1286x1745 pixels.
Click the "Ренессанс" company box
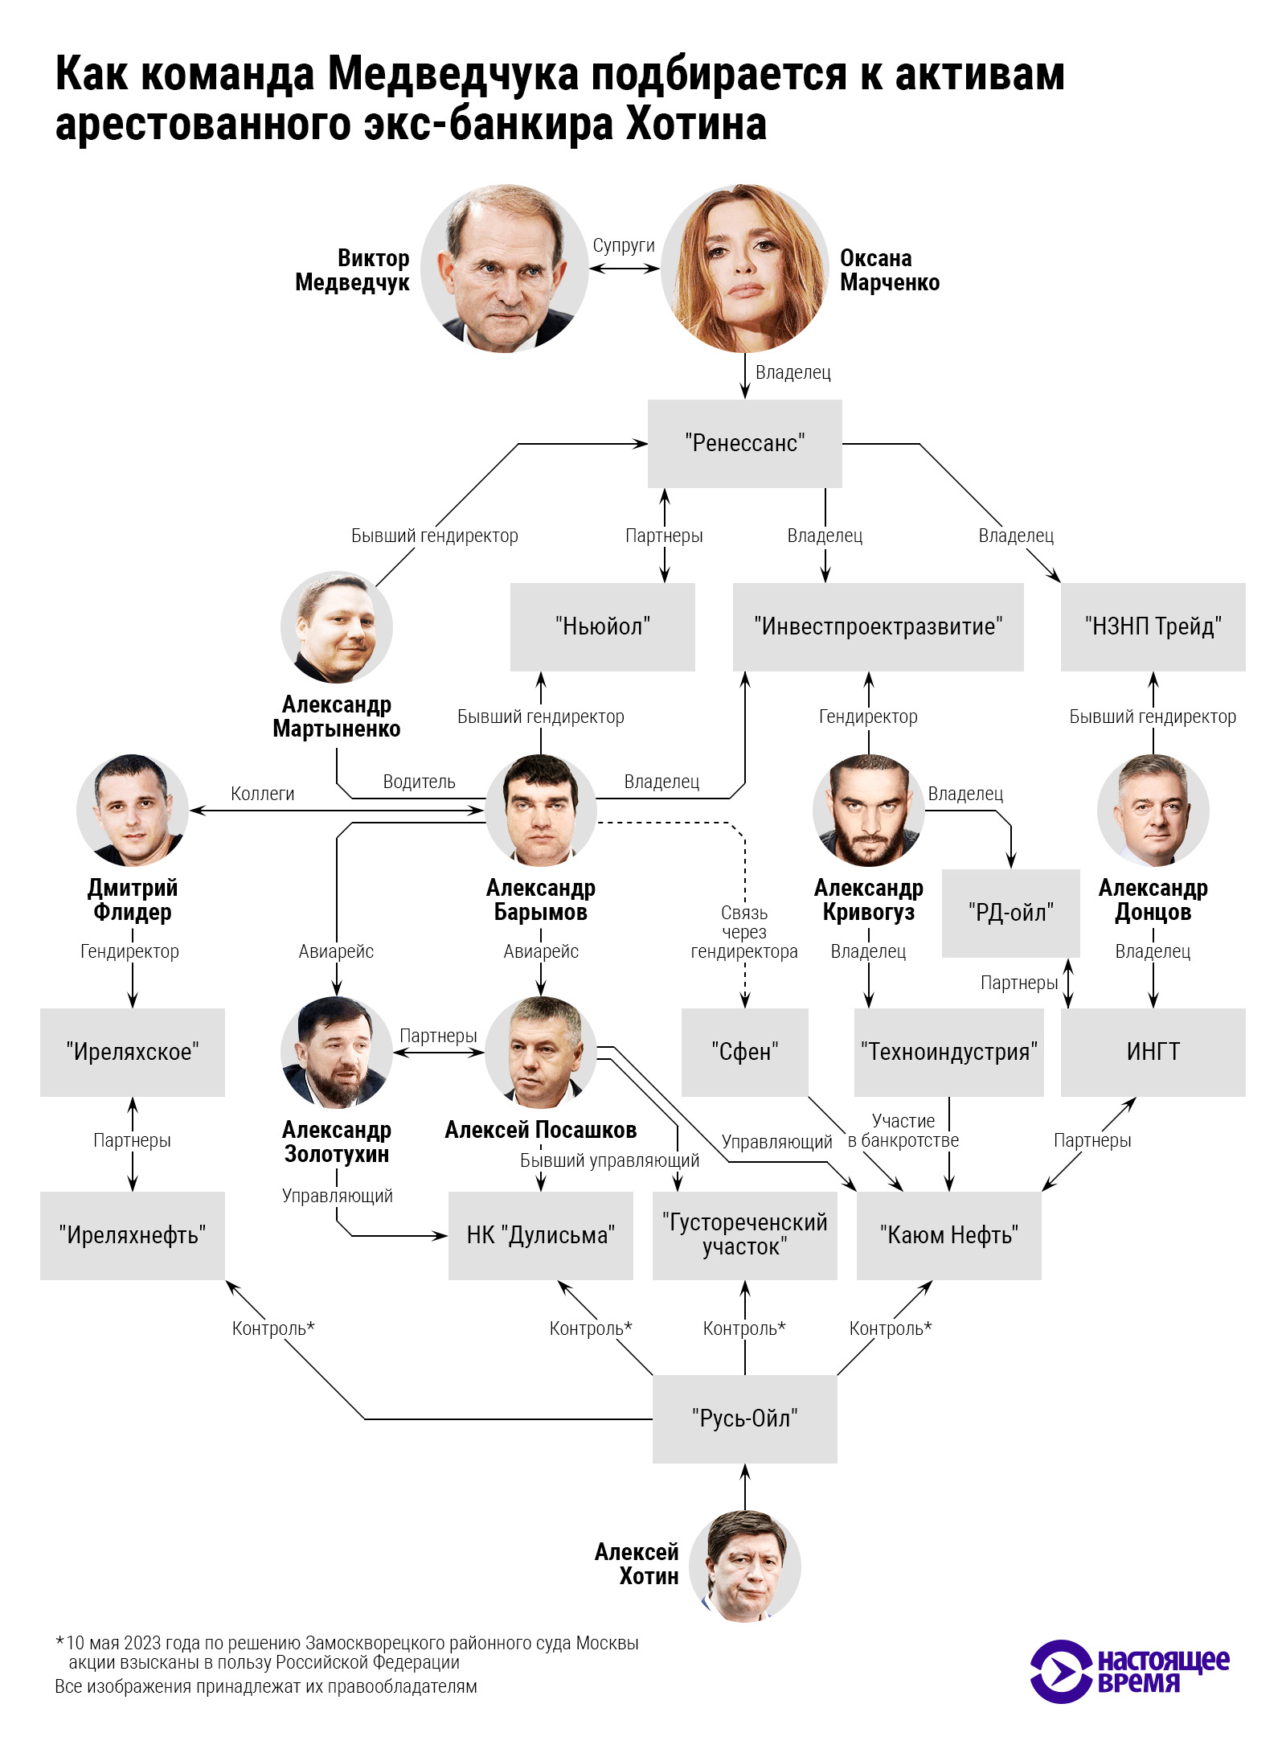tap(744, 443)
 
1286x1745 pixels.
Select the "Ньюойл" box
tap(602, 626)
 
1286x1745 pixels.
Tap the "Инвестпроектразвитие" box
tap(878, 626)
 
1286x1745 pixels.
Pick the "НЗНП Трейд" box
tap(1153, 626)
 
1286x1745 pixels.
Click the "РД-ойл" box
tap(1010, 913)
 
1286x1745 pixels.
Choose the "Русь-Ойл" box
tap(744, 1419)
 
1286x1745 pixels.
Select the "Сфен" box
tap(744, 1052)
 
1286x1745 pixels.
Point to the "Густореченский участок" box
tap(744, 1235)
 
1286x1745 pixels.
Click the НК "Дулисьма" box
tap(540, 1235)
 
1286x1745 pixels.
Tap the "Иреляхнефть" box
tap(132, 1235)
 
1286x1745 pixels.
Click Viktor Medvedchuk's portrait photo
tap(505, 269)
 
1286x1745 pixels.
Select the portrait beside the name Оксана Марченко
tap(744, 269)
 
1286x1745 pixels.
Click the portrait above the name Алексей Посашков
tap(541, 1052)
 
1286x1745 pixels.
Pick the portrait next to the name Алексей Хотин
tap(745, 1566)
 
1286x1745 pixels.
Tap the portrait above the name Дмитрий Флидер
tap(133, 810)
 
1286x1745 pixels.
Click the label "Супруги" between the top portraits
tap(624, 246)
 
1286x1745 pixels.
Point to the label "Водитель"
tap(419, 782)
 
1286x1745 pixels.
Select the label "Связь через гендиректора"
tap(744, 933)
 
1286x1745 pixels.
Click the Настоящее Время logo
tap(1129, 1672)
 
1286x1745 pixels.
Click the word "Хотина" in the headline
tap(696, 124)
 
